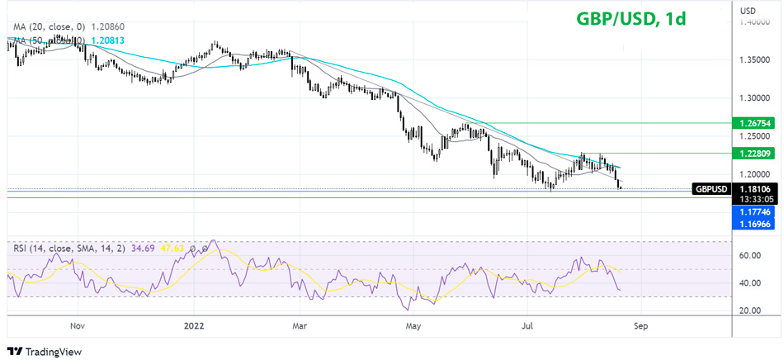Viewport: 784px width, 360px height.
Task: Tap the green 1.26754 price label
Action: point(755,123)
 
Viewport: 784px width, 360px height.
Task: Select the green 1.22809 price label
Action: point(755,153)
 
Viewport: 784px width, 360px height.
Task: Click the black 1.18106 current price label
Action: point(755,189)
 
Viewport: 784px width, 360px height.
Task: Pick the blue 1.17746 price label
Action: point(755,211)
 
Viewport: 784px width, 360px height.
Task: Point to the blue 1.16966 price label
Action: point(755,223)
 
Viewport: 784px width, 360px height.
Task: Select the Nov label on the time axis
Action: point(78,326)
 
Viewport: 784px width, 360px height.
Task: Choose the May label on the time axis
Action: point(414,326)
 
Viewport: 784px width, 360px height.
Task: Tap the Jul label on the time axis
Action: point(528,326)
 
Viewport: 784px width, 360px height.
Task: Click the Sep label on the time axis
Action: point(640,326)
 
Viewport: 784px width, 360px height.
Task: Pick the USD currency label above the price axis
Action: point(749,10)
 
